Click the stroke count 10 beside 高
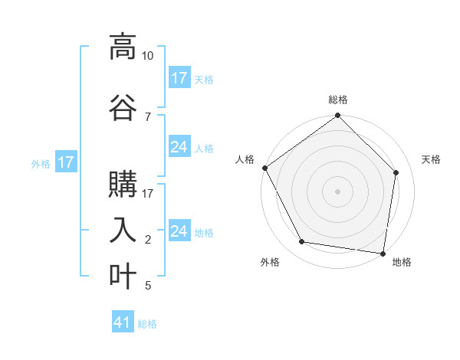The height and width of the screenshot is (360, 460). pos(148,56)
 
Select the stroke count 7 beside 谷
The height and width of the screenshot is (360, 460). pos(147,116)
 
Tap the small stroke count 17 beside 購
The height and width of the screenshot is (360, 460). pos(148,194)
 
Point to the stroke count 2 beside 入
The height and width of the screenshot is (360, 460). pos(147,240)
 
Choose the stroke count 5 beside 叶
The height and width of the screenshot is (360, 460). pos(147,286)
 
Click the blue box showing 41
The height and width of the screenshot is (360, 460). pos(123,322)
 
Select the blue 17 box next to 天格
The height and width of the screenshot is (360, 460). pos(179,78)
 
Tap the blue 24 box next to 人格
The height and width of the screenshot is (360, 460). pos(179,147)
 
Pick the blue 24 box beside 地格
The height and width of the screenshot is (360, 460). pos(179,231)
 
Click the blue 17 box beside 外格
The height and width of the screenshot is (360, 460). pos(65,162)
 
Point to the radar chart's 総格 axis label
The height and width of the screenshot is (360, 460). pos(338,100)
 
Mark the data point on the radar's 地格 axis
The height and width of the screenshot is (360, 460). pos(383,253)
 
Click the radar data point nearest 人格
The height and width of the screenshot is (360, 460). pos(264,168)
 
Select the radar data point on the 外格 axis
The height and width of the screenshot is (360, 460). pos(302,242)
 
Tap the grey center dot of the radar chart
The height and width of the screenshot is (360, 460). pos(338,191)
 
